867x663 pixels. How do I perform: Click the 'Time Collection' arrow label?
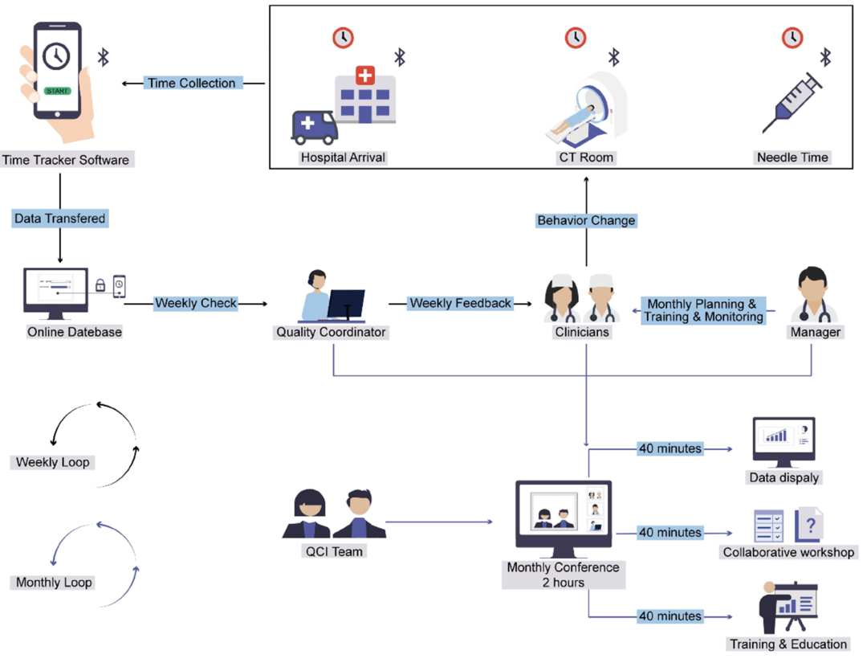tap(191, 83)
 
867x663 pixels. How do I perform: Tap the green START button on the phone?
tap(56, 91)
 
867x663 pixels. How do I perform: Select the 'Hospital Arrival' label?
tap(343, 158)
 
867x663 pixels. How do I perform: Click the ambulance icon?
tap(314, 126)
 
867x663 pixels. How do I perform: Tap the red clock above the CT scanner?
tap(575, 37)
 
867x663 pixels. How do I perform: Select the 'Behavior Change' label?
tap(586, 220)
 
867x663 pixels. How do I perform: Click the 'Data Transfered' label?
tap(59, 218)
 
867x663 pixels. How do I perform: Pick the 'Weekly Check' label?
tap(196, 303)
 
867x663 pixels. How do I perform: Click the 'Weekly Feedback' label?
tap(460, 303)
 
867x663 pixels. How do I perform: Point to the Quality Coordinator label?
tap(331, 332)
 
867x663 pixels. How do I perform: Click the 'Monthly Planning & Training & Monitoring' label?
tap(702, 310)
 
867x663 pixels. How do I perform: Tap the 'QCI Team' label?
tap(335, 551)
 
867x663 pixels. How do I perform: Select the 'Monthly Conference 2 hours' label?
tap(563, 574)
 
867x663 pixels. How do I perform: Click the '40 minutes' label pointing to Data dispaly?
tap(669, 448)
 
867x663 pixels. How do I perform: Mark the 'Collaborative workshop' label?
tap(788, 552)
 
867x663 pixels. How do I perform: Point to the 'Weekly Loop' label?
tap(53, 462)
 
